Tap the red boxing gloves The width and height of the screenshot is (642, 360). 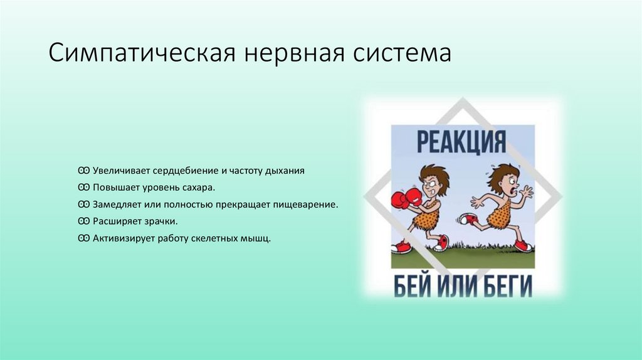(406, 199)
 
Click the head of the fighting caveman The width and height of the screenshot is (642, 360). (433, 180)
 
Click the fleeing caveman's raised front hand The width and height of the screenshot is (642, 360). (527, 191)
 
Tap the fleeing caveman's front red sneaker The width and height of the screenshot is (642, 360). (522, 245)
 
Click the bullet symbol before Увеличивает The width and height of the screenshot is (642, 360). (83, 171)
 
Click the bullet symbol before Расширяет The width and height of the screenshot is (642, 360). (83, 221)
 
